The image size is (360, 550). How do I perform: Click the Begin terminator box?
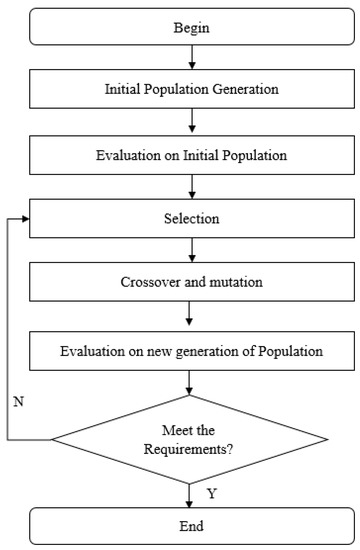[189, 28]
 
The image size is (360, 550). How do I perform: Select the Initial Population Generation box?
[189, 90]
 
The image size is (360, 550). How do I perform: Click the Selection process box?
[189, 217]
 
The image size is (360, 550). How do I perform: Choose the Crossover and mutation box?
[189, 283]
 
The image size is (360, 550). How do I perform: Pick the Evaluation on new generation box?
[189, 351]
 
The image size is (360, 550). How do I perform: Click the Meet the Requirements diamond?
[189, 438]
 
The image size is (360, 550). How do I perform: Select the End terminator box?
[189, 524]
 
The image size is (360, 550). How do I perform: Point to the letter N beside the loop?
[17, 400]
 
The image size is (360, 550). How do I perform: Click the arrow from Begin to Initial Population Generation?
[189, 59]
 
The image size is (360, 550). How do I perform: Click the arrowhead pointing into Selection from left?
[27, 217]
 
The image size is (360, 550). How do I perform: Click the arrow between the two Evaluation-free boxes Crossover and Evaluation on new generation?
[189, 317]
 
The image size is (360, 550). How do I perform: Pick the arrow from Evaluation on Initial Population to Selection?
[189, 185]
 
